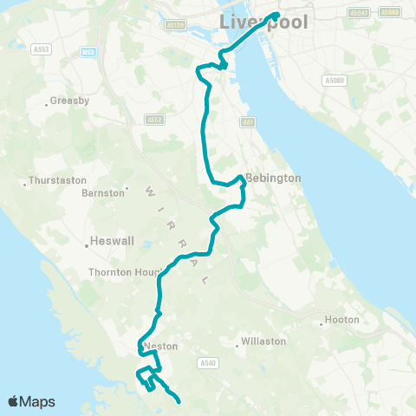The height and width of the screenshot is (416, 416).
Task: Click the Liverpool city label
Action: (x=263, y=22)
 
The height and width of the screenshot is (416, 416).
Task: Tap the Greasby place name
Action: (x=70, y=101)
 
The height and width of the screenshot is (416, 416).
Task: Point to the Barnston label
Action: (x=103, y=193)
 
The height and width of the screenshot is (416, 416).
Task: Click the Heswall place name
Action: (x=111, y=242)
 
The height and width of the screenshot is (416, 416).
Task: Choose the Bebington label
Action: (x=273, y=178)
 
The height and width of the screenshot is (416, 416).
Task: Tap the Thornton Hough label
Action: (x=120, y=272)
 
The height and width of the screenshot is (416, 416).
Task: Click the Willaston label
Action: (x=263, y=341)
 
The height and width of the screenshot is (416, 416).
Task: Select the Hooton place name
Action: (x=341, y=321)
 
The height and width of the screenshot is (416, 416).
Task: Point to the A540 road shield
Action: (x=206, y=362)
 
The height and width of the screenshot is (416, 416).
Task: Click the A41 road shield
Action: (x=249, y=122)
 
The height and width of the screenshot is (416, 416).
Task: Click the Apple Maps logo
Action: (x=31, y=401)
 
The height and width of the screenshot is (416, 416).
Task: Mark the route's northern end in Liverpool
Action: (x=276, y=15)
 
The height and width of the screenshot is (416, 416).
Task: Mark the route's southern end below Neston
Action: (x=179, y=402)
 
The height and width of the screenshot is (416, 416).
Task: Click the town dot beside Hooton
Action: (x=322, y=324)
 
